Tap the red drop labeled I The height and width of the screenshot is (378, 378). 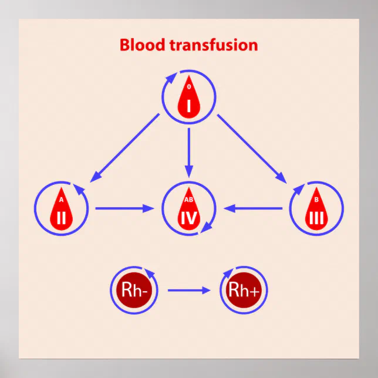tap(188, 98)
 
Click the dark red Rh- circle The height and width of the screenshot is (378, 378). tap(134, 289)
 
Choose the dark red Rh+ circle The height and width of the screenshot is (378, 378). tap(243, 289)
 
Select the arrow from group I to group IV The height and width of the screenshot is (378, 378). tap(188, 151)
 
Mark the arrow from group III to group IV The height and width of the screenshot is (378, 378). tap(254, 208)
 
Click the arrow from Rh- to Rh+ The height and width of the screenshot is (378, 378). tap(188, 290)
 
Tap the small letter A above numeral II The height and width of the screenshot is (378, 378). tap(62, 199)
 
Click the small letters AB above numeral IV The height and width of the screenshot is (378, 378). tap(188, 199)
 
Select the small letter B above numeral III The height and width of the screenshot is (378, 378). tap(316, 199)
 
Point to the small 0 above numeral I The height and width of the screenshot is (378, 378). tap(188, 87)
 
